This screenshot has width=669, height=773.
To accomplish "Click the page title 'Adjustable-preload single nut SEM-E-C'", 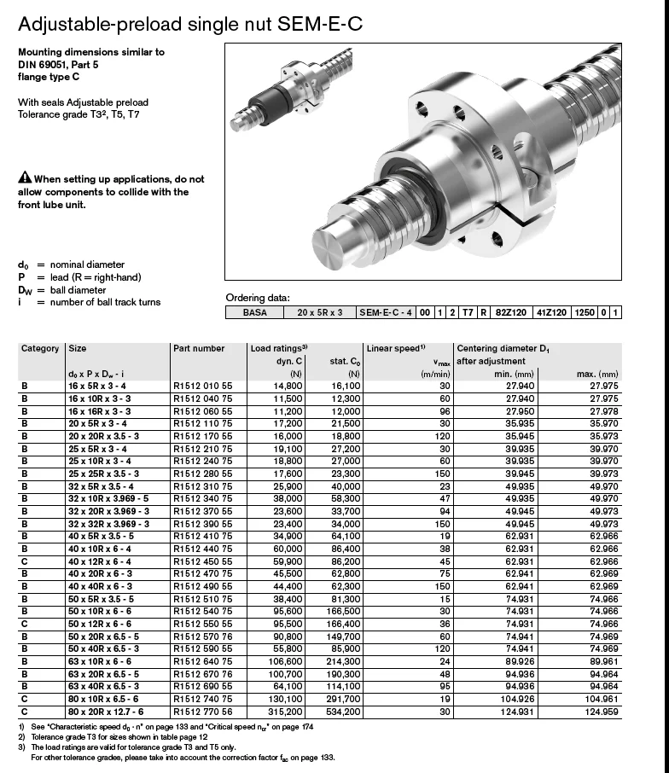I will [190, 24].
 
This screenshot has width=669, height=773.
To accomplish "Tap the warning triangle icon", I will [25, 179].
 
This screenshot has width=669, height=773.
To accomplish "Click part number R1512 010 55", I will [202, 386].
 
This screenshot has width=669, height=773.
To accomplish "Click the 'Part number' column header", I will [199, 348].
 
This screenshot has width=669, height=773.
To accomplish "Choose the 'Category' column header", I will [40, 348].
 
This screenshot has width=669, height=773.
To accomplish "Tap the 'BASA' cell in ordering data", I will [254, 313].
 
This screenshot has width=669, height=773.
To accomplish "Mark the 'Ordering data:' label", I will [258, 298].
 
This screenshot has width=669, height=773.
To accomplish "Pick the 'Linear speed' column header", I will [395, 348].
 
